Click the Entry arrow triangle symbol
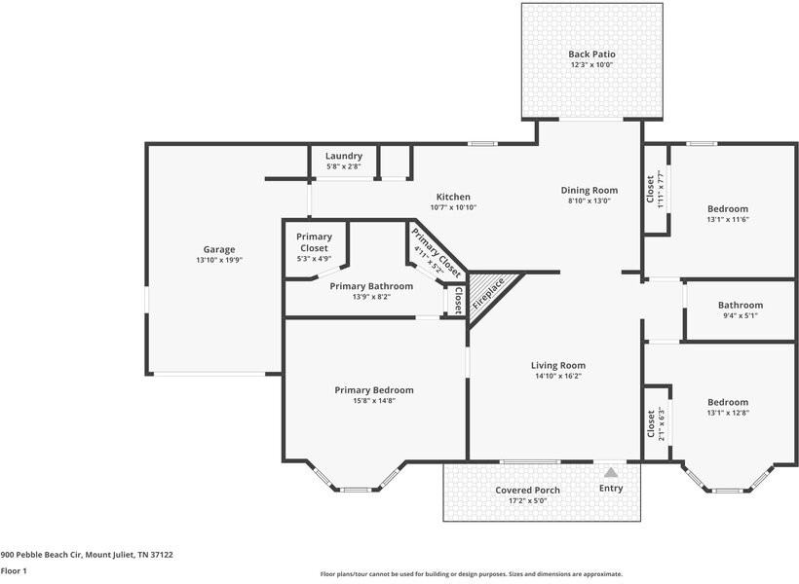[x=611, y=472]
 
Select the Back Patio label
[x=591, y=55]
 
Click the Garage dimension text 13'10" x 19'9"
[x=218, y=260]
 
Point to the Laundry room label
[x=344, y=156]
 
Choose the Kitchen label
[x=453, y=197]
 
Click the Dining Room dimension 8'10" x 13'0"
[x=590, y=201]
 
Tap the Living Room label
[x=559, y=366]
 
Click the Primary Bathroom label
[x=371, y=286]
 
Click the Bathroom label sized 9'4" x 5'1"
[x=741, y=306]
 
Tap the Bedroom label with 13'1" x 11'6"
[x=728, y=209]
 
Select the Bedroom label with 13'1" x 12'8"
[x=728, y=402]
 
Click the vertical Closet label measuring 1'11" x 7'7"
[x=651, y=188]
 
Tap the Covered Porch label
[x=527, y=490]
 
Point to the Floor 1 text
[x=14, y=571]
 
